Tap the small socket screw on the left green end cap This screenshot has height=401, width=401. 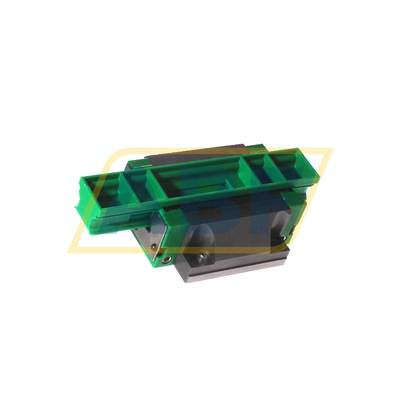[166, 260]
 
